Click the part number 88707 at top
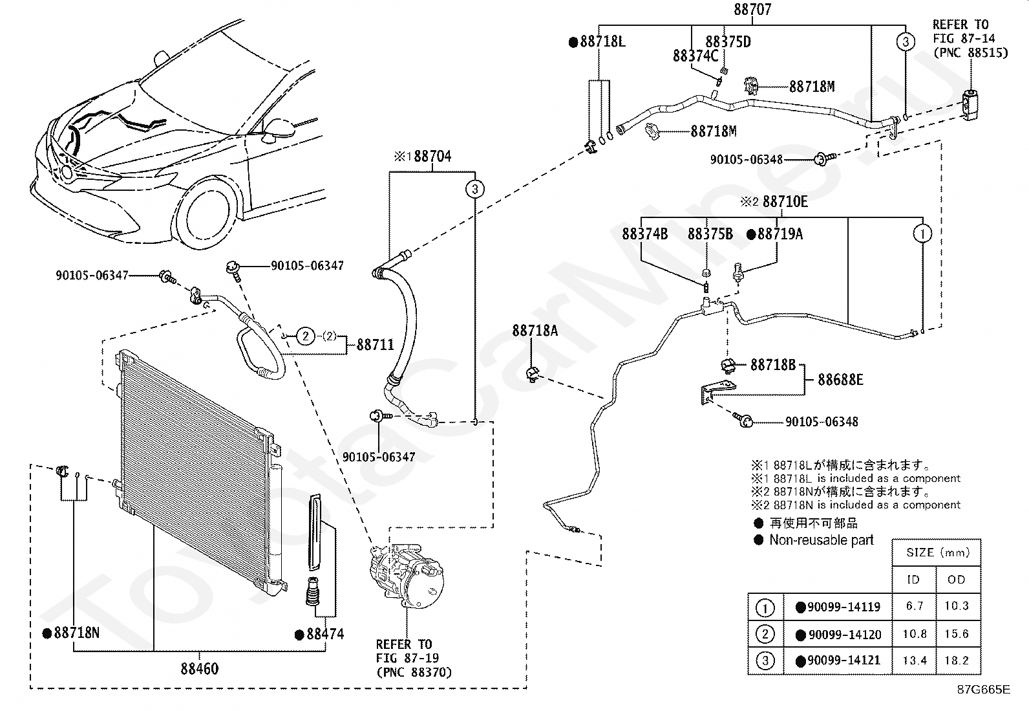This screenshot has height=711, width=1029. (752, 9)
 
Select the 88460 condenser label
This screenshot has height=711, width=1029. (199, 668)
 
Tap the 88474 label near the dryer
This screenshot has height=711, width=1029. (325, 634)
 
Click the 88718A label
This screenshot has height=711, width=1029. (535, 330)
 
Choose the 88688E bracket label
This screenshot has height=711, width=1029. (840, 379)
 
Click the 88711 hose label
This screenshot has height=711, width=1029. (376, 344)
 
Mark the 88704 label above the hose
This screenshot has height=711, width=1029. (432, 157)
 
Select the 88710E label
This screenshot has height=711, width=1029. (785, 201)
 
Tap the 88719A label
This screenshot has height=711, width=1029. (780, 234)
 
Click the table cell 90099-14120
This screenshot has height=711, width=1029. (844, 635)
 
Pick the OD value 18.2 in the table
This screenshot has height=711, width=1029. (957, 661)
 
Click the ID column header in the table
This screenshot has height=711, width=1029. (913, 580)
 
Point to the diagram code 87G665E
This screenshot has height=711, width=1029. (984, 690)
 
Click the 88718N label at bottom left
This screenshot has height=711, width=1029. (76, 633)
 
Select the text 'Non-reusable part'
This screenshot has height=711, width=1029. (822, 540)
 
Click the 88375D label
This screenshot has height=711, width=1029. (728, 42)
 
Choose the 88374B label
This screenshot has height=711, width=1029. (644, 234)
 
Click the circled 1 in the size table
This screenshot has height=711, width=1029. (765, 608)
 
